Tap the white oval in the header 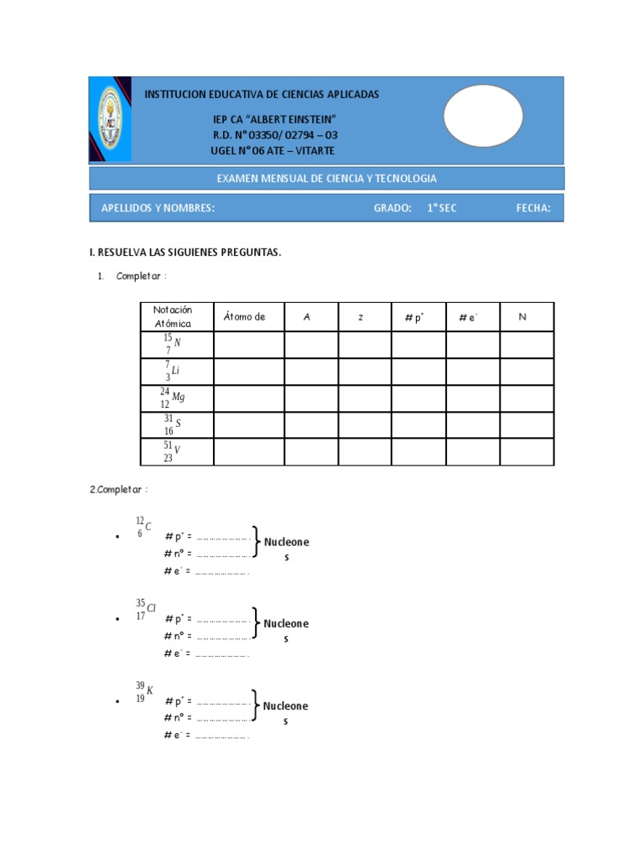click(x=482, y=116)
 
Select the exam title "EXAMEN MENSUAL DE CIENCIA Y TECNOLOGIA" click(x=326, y=179)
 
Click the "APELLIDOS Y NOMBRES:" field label click(x=158, y=208)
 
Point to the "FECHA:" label click(x=533, y=208)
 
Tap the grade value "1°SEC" click(x=441, y=208)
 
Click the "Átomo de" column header click(x=245, y=317)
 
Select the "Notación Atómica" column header click(x=173, y=317)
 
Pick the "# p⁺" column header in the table click(x=414, y=317)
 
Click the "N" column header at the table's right click(x=522, y=317)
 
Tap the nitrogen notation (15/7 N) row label click(x=173, y=344)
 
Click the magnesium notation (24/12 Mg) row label click(x=173, y=398)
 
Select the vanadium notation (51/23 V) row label click(x=173, y=452)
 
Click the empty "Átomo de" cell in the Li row click(x=249, y=371)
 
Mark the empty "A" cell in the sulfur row click(x=310, y=425)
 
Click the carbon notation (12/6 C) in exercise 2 click(x=143, y=527)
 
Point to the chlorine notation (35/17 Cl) click(x=145, y=609)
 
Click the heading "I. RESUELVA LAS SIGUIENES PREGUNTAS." click(x=185, y=252)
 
